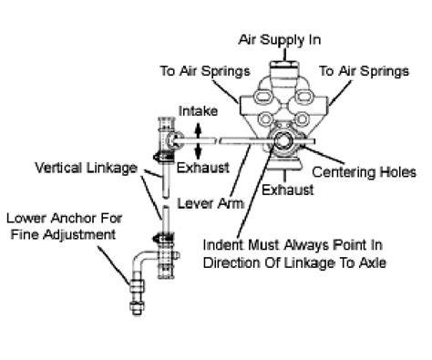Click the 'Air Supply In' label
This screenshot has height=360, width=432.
pos(281,39)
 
